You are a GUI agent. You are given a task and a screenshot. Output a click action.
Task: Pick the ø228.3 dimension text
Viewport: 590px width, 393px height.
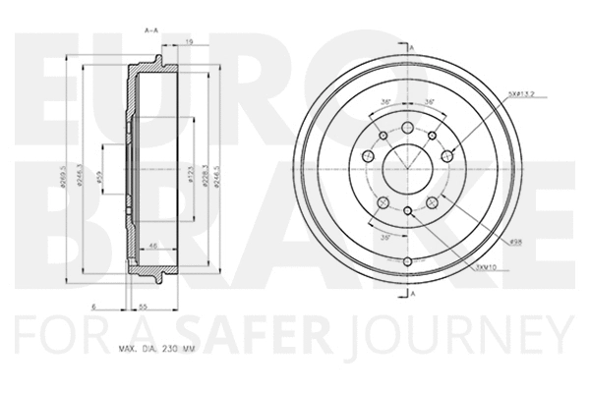tap(202, 178)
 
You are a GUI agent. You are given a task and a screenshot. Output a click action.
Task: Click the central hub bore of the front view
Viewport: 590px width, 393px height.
tap(407, 163)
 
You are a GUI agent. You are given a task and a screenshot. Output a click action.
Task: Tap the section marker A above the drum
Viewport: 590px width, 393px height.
tap(414, 46)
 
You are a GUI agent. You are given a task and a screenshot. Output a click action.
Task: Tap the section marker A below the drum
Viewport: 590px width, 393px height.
tap(414, 294)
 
